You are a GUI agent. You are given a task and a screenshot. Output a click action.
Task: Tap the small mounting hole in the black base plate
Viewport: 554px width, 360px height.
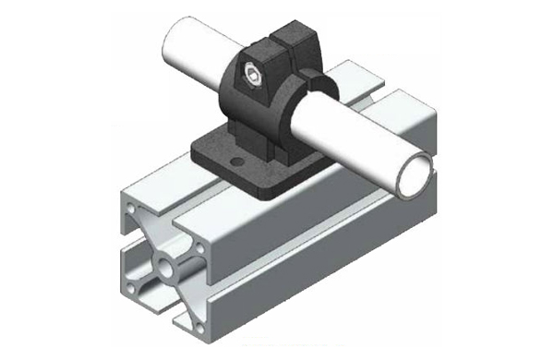pos(243,162)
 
